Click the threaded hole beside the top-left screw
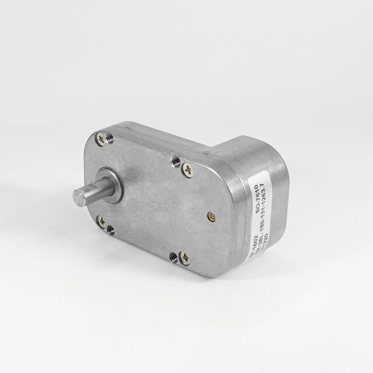(110, 138)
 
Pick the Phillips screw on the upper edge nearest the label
(187, 170)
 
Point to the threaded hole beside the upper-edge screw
(176, 160)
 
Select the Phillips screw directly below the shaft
(101, 221)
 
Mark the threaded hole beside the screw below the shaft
(110, 230)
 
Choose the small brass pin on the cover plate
(211, 217)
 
